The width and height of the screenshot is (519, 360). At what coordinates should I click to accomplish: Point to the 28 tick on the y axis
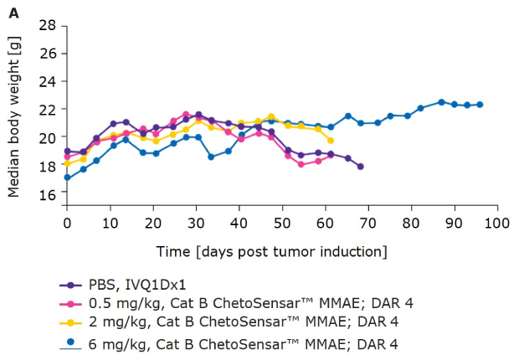(x=48, y=25)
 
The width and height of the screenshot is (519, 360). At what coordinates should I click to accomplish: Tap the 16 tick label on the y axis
(x=48, y=193)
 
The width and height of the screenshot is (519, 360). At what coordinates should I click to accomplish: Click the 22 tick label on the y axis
(x=48, y=109)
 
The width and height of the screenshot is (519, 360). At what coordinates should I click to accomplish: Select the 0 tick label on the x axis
(x=67, y=224)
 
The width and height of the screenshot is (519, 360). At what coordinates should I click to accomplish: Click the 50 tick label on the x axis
(x=282, y=224)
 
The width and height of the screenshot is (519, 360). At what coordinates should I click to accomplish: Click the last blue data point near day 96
(x=480, y=105)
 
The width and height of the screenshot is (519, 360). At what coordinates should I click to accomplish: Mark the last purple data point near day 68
(x=360, y=167)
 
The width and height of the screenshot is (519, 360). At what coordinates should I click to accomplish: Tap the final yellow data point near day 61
(x=330, y=141)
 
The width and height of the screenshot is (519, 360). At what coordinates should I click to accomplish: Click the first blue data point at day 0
(x=67, y=177)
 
